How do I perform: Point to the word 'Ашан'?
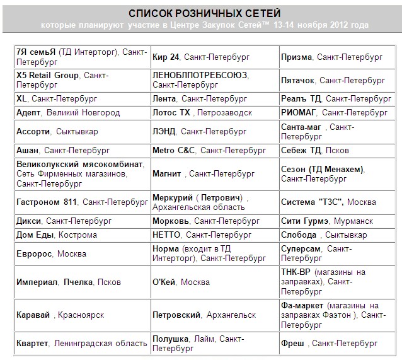(28, 150)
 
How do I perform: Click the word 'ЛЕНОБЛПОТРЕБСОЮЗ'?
(200, 75)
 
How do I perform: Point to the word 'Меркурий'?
(173, 197)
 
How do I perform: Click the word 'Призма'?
(296, 57)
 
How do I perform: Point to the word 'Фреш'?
(292, 343)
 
